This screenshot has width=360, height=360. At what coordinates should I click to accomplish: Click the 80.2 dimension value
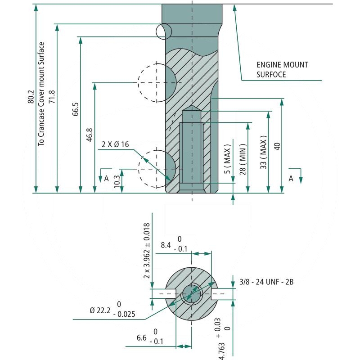(31, 97)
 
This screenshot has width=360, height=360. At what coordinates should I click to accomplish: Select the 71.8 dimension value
(52, 97)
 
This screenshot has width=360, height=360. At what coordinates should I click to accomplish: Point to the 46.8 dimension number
(89, 135)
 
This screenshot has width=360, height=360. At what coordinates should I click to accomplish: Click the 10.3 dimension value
(117, 182)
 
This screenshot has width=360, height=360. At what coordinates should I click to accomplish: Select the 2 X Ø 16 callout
(115, 144)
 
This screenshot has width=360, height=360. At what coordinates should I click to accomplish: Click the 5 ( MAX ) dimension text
(227, 159)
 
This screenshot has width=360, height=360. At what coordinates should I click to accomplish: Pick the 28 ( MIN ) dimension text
(243, 159)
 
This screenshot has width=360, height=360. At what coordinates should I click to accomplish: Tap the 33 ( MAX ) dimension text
(263, 153)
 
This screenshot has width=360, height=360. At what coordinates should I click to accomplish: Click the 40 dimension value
(277, 147)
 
